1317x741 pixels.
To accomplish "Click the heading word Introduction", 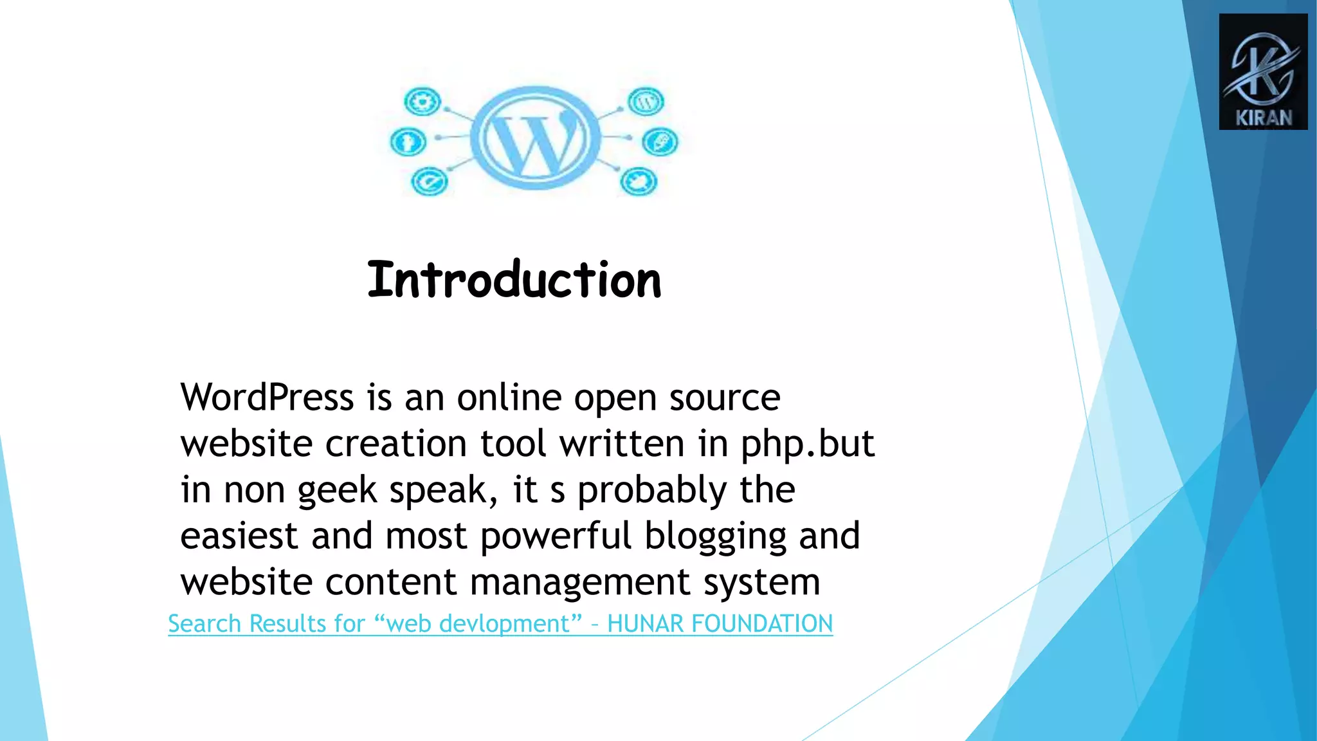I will tap(514, 280).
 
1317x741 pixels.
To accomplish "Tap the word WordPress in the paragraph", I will tap(267, 397).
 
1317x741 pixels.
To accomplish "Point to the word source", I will tap(725, 397).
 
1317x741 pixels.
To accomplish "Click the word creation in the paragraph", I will tap(395, 444).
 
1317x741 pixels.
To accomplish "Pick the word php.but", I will tap(807, 444).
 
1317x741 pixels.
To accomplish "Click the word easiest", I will tap(239, 536).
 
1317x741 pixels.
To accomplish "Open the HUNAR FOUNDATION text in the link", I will tap(720, 624).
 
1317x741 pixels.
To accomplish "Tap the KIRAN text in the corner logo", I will tap(1264, 118).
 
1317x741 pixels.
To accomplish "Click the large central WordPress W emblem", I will tap(535, 138).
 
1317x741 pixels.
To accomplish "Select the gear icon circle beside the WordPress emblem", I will tap(422, 102).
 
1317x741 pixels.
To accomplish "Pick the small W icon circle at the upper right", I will tap(646, 102).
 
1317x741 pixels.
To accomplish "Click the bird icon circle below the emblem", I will tap(639, 182).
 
